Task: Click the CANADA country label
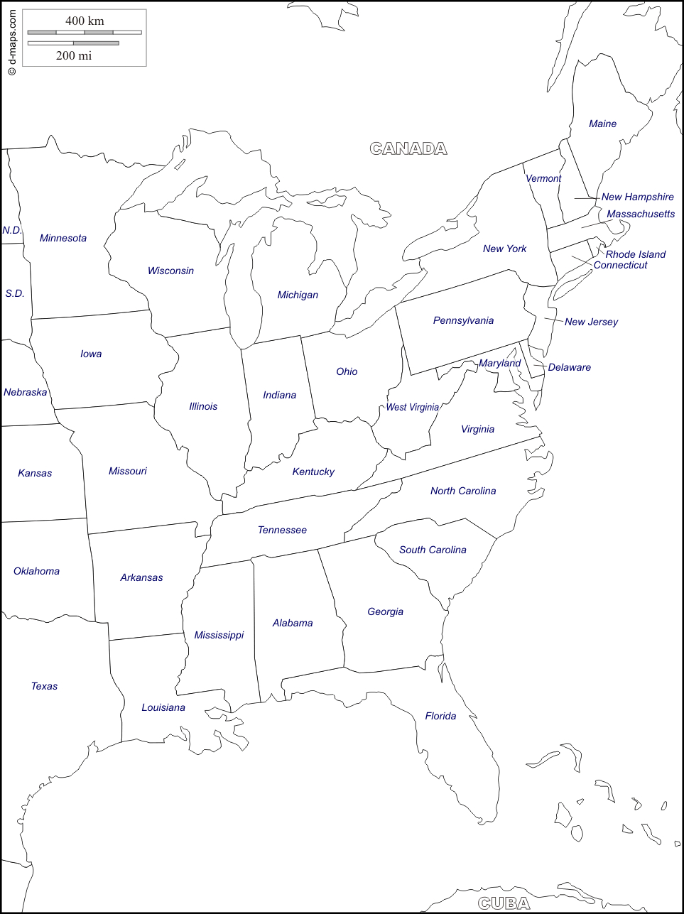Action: pos(408,148)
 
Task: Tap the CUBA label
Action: pos(504,903)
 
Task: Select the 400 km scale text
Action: pos(85,21)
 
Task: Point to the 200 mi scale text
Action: pos(74,55)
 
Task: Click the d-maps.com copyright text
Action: pos(11,43)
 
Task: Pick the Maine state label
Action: pos(602,124)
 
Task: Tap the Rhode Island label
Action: pos(636,254)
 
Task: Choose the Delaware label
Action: pos(569,367)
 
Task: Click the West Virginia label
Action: pos(412,407)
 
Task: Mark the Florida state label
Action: pos(440,716)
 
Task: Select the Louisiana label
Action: pos(163,707)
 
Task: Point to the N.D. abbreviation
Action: pos(12,230)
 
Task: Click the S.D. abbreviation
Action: pos(14,293)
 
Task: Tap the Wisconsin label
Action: pos(170,271)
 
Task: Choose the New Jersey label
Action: pos(591,322)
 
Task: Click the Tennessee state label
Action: pos(282,530)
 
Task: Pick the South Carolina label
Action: pos(433,550)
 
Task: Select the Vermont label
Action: pos(543,178)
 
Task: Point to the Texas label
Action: pos(44,686)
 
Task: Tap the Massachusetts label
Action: pos(641,214)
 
